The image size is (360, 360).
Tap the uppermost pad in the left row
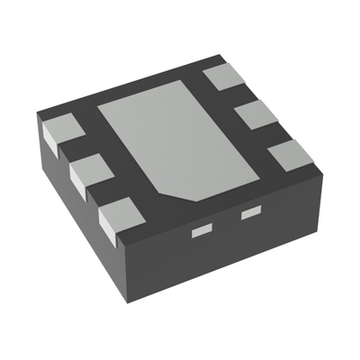(60, 131)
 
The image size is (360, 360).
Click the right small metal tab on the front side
(249, 213)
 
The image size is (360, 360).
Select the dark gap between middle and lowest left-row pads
(104, 193)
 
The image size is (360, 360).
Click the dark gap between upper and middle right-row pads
(238, 95)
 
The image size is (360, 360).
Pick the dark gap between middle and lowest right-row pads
(272, 135)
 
